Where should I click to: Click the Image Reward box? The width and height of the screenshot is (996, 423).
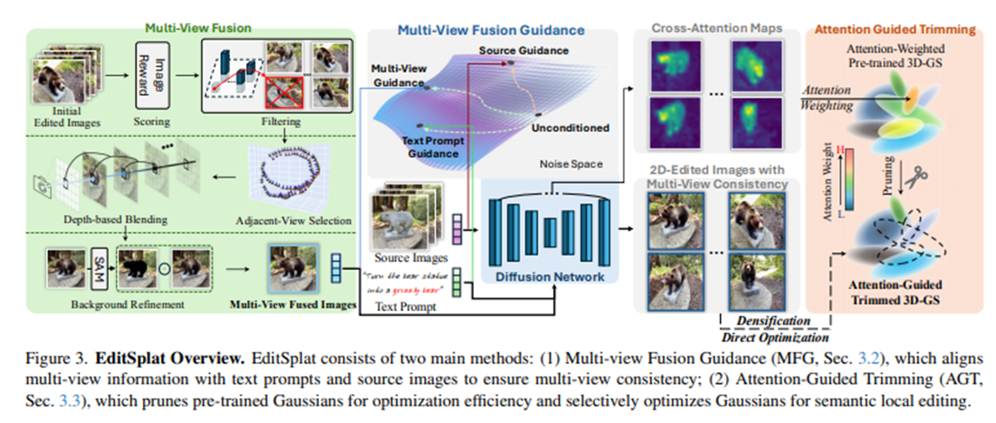(x=152, y=76)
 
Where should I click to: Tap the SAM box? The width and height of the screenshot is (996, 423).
(x=99, y=268)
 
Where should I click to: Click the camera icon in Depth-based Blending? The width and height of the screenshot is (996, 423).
(x=42, y=185)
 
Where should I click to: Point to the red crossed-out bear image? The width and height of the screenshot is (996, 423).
(x=283, y=93)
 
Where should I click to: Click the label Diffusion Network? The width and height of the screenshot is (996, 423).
(x=550, y=277)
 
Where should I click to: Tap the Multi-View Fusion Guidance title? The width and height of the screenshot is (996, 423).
(x=491, y=30)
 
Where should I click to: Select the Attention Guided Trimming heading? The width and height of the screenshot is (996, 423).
(x=895, y=29)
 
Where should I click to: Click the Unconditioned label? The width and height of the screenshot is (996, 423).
(x=570, y=128)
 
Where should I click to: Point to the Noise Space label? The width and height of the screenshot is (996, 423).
(x=571, y=164)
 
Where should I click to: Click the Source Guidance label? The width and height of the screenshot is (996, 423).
(x=523, y=50)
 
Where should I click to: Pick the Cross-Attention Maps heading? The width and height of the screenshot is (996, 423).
(x=717, y=28)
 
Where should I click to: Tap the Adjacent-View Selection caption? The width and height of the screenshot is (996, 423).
(x=293, y=220)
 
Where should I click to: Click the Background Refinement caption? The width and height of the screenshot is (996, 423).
(x=127, y=305)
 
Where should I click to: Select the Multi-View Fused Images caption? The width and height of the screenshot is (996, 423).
(x=293, y=305)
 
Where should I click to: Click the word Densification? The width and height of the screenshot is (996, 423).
(x=773, y=320)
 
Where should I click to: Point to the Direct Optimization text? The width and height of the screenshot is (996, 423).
(x=775, y=337)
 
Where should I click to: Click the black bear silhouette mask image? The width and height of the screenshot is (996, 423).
(x=140, y=268)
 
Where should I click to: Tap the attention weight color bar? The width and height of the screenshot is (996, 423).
(x=848, y=180)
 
